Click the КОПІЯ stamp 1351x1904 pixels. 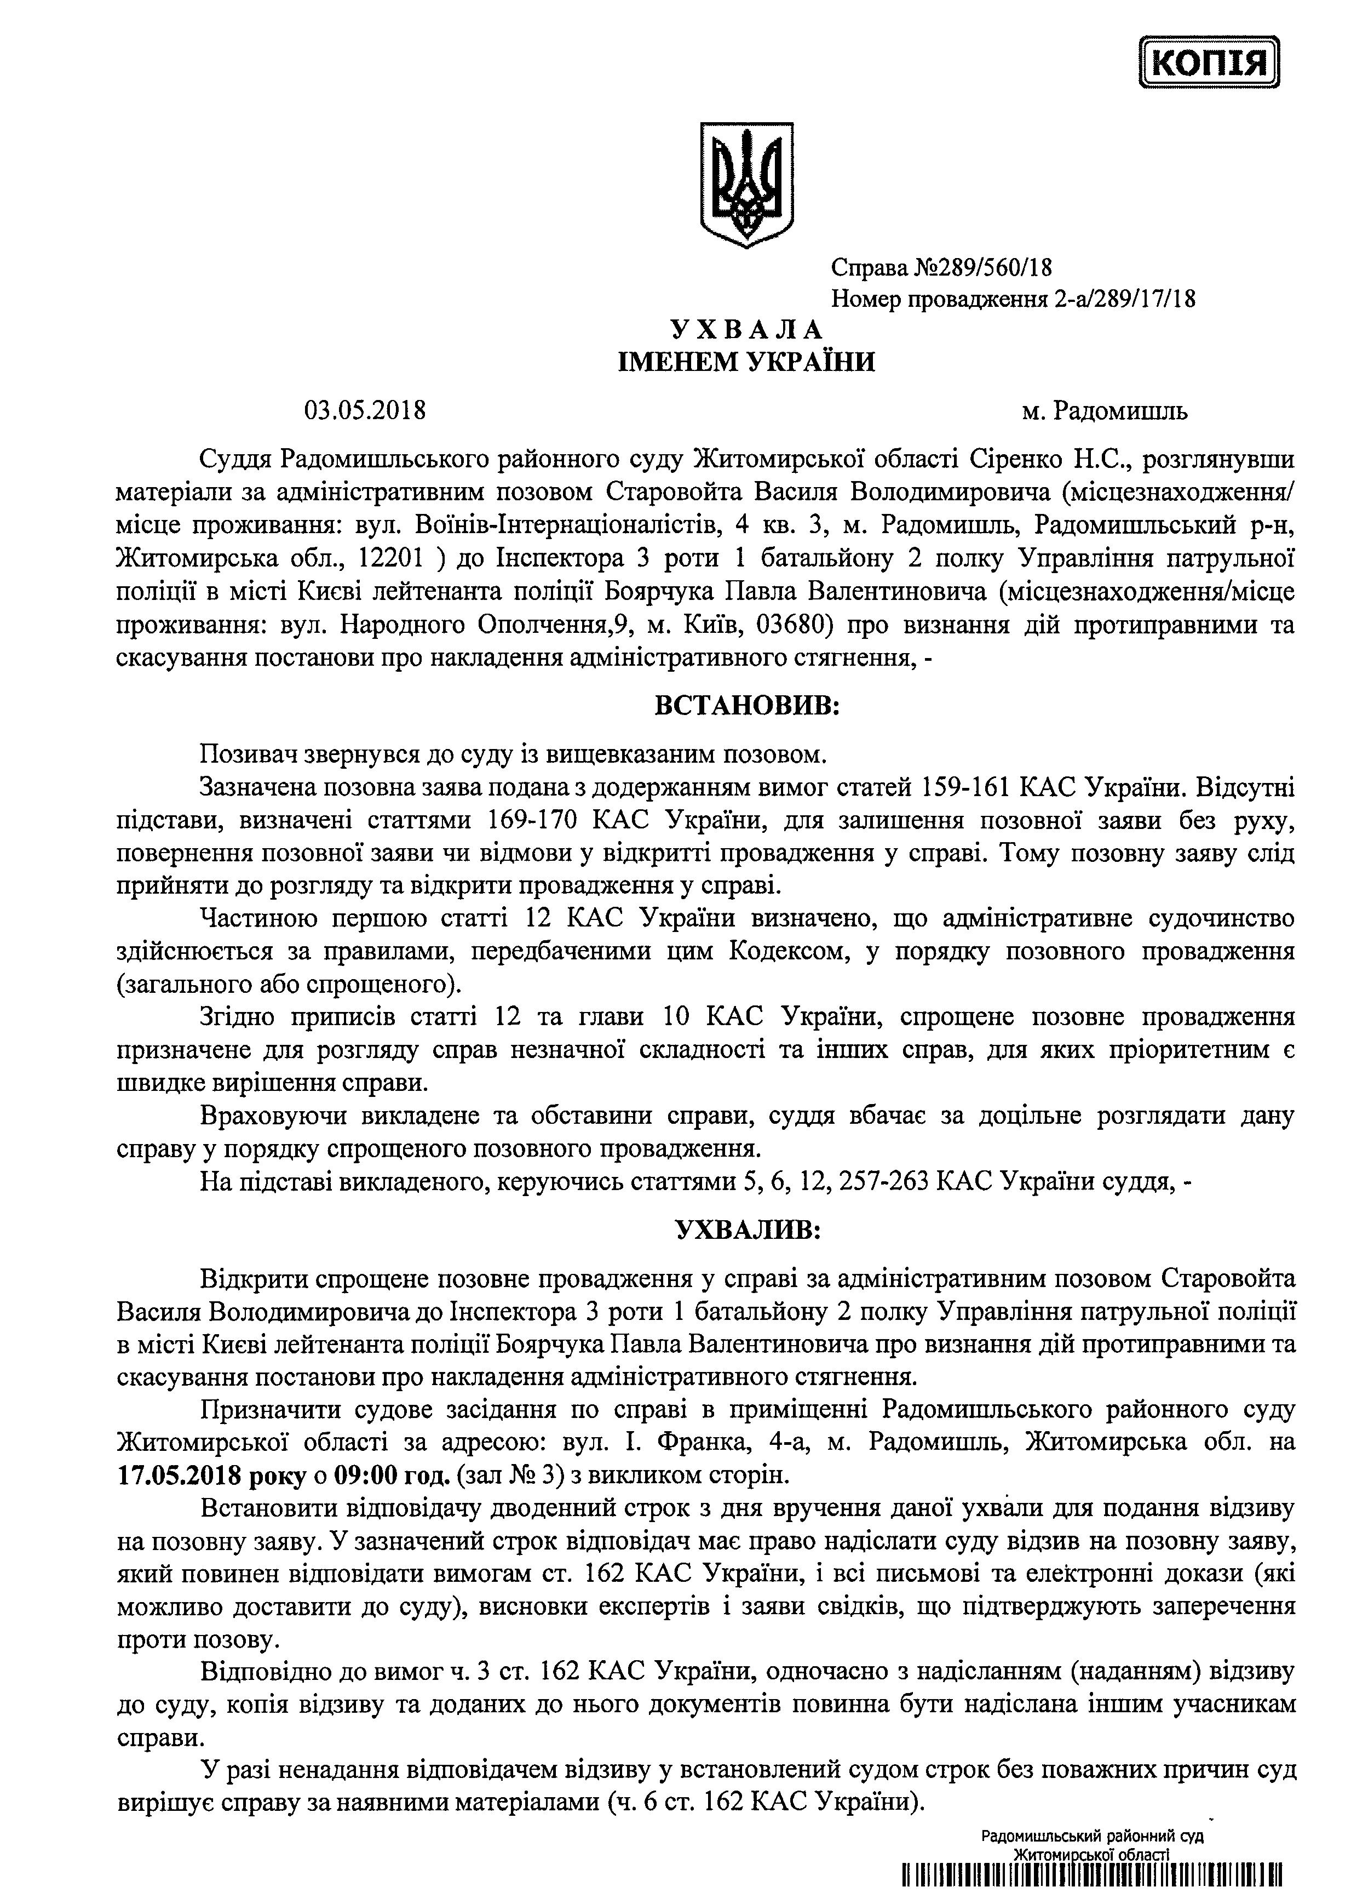pos(1210,62)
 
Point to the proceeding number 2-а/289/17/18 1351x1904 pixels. pos(1124,299)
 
